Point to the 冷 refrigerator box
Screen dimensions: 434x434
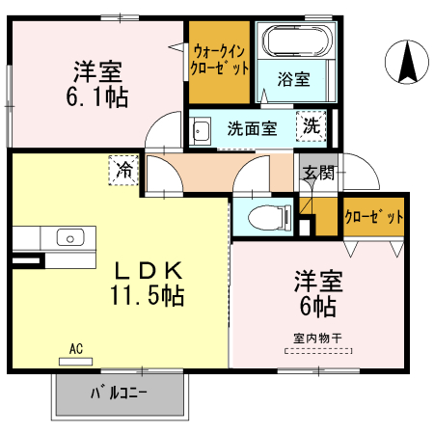[x=124, y=169]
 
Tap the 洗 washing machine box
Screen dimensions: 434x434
[x=312, y=124]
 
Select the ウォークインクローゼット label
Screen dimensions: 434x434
[x=221, y=60]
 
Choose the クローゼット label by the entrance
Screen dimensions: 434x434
[x=374, y=217]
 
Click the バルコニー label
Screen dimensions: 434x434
[x=120, y=393]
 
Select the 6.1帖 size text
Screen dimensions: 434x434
[x=96, y=97]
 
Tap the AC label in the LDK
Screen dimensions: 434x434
[x=75, y=348]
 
